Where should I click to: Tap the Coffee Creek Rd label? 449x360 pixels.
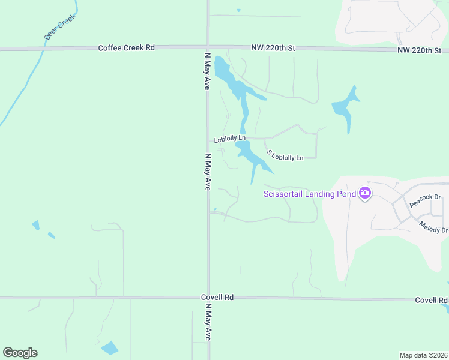pos(127,47)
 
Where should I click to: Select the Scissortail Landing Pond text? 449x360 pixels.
pos(309,193)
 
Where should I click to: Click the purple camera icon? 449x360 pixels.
pos(364,193)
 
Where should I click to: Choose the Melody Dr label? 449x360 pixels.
pos(433,226)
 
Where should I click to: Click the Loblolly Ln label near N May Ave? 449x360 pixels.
pos(230,139)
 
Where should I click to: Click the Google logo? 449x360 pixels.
pos(20,353)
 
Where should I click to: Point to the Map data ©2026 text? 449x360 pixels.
pos(423,355)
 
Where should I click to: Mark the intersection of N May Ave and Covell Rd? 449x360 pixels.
pos(208,298)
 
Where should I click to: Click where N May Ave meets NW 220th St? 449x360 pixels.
pos(208,47)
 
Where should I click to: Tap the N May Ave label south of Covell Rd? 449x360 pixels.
pos(208,322)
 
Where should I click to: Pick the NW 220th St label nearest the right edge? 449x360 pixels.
pos(419,50)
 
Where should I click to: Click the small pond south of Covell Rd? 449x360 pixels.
pos(110,348)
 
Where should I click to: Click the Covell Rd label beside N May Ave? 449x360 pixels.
pos(217,297)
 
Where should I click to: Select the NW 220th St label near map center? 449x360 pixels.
pos(274,47)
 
